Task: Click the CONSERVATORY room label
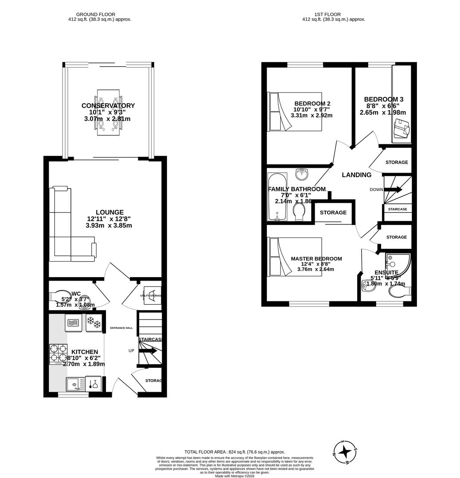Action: point(108,105)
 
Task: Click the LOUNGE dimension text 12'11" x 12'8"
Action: point(109,219)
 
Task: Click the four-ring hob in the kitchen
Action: point(58,354)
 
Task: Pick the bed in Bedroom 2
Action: point(295,112)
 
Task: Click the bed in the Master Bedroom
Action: point(295,257)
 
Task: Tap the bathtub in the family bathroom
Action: point(277,197)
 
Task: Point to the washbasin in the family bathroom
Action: point(302,174)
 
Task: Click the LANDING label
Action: point(356,175)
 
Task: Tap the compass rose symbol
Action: point(345,452)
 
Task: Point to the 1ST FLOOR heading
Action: point(327,14)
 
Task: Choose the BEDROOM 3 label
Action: point(383,99)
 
